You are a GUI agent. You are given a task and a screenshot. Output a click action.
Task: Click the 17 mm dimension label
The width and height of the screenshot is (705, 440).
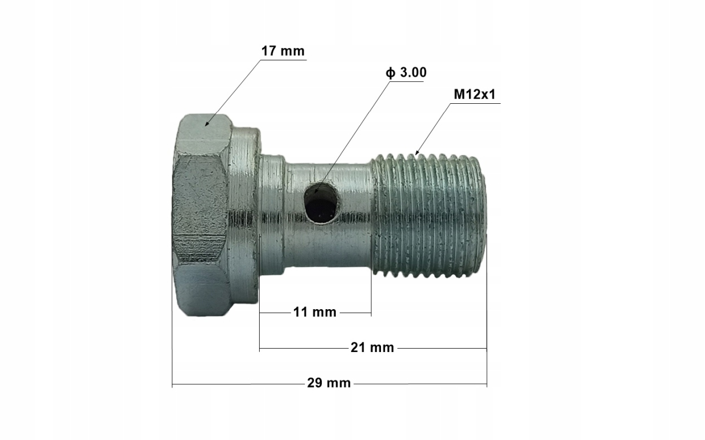coord(282,51)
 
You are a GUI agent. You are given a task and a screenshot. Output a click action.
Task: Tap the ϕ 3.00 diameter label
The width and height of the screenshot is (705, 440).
coord(405,73)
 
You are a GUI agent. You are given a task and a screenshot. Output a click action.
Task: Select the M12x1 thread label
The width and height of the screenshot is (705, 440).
coord(474,95)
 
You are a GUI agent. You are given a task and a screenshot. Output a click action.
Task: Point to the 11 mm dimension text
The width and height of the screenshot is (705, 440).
coord(314,312)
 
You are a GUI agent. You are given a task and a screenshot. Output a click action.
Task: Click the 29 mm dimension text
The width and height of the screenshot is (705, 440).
coord(329,384)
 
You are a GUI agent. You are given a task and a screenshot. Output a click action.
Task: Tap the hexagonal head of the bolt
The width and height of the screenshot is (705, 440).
coord(200,214)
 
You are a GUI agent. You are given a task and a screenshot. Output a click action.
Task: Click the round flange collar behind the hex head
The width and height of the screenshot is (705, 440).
coord(244,214)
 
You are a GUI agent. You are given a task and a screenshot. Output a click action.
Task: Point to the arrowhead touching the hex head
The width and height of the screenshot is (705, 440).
coord(208,122)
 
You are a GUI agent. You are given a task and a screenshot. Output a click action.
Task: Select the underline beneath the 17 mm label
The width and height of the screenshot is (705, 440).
coord(282,60)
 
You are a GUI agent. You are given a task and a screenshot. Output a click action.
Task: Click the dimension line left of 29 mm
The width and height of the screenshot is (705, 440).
coord(237,384)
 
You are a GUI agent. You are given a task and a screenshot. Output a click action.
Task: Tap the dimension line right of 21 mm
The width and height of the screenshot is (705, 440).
coord(440,349)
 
